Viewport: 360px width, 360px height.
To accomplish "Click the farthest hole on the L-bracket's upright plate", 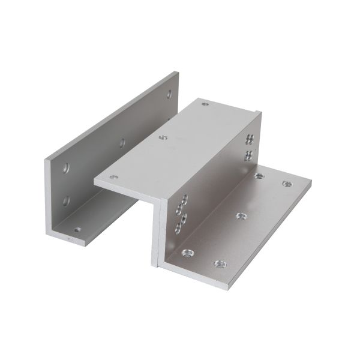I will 169,94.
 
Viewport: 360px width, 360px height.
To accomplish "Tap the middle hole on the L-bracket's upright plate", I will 122,143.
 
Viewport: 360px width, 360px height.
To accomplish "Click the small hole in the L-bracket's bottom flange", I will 77,229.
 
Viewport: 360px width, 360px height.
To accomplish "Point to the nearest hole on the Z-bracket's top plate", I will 112,178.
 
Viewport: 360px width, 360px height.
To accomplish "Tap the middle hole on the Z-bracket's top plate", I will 161,137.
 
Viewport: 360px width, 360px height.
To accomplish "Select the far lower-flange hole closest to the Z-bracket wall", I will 260,176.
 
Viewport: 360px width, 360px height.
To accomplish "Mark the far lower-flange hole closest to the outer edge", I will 287,184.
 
